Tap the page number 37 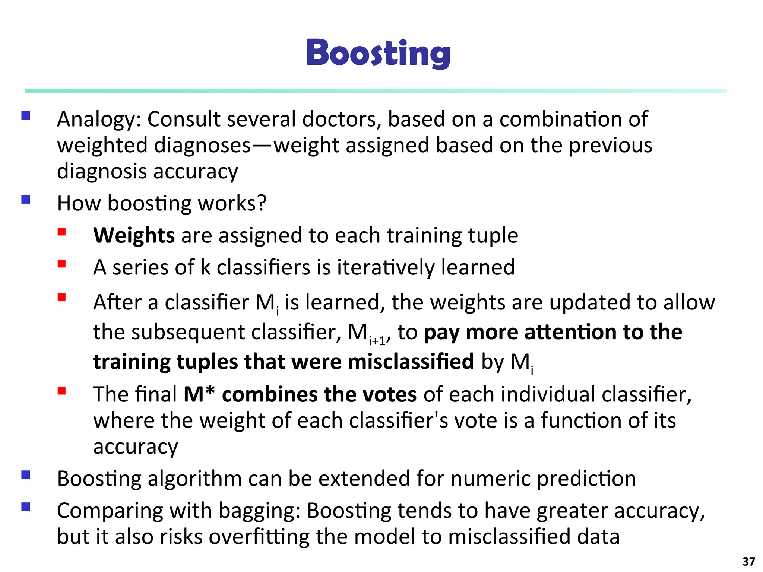pyautogui.click(x=748, y=561)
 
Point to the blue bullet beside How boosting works pyautogui.click(x=26, y=200)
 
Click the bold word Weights pyautogui.click(x=134, y=235)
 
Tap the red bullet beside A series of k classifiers pyautogui.click(x=62, y=264)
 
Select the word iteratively pyautogui.click(x=386, y=267)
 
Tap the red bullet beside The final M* pyautogui.click(x=62, y=391)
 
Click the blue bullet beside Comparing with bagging pyautogui.click(x=26, y=507)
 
